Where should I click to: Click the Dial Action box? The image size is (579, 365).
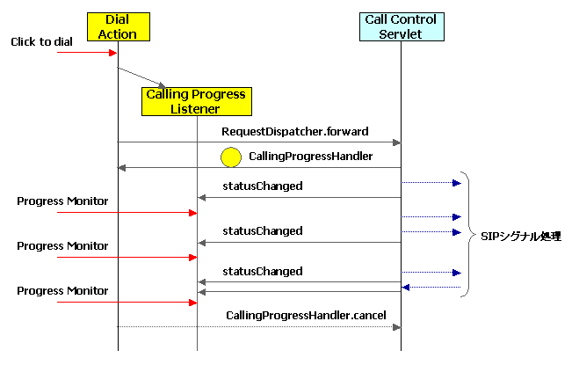117,26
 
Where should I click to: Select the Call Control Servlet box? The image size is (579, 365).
402,26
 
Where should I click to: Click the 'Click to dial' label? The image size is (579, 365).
41,41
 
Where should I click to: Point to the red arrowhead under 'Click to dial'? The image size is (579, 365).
112,53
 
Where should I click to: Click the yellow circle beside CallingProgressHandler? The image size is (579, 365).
230,158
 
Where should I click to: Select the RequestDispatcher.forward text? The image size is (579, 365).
294,131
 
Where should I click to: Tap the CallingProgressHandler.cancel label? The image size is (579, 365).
306,315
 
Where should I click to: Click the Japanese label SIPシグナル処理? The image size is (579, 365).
522,236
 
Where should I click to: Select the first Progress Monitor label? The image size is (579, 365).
62,201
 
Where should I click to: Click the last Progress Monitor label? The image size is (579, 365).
62,290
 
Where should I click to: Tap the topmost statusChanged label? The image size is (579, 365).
263,186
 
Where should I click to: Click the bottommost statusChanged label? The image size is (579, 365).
263,271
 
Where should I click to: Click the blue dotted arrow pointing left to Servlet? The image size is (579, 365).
431,287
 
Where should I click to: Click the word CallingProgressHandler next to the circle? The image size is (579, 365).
298,157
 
